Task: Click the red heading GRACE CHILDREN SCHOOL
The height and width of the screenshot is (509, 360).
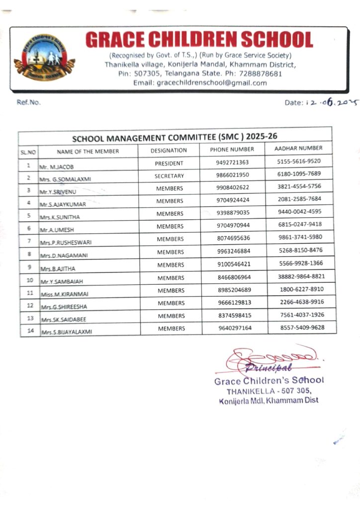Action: click(199, 40)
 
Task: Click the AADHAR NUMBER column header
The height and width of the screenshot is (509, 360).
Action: click(298, 148)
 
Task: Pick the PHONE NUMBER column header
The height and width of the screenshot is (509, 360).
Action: click(232, 149)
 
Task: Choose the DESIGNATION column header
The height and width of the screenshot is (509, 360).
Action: click(169, 150)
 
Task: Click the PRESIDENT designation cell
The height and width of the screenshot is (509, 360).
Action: click(169, 163)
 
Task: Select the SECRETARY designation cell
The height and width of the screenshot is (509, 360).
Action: click(169, 176)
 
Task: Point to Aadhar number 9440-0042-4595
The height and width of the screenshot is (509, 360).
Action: click(299, 212)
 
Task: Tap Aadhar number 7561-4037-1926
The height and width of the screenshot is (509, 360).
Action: click(301, 315)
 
